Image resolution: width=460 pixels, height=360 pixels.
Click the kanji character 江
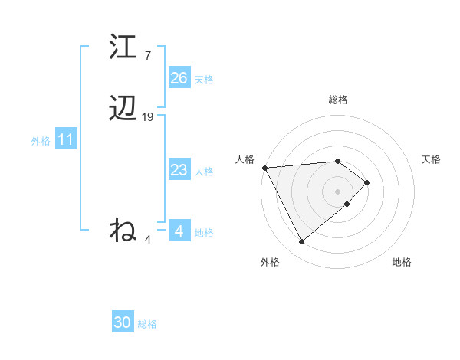(123, 47)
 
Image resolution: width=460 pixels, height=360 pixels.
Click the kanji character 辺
(123, 110)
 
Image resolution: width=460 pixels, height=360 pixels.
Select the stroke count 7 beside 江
(148, 56)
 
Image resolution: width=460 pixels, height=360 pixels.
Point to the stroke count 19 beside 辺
(148, 117)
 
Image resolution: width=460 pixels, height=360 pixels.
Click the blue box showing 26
(179, 78)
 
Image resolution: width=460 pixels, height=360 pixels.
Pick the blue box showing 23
(179, 170)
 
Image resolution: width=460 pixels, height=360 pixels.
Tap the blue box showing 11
(66, 140)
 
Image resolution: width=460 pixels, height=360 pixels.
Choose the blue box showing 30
(123, 323)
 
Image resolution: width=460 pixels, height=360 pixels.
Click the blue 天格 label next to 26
(204, 80)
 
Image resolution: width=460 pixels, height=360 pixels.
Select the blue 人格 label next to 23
(204, 172)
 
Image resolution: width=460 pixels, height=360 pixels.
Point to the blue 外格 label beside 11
(41, 141)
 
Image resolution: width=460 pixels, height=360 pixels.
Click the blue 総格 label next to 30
(147, 325)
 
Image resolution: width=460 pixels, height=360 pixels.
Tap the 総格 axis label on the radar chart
(338, 100)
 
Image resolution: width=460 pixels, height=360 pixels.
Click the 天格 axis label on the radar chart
(431, 159)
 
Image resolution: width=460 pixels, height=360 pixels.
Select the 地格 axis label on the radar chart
(402, 262)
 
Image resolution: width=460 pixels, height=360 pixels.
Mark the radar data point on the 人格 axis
(264, 168)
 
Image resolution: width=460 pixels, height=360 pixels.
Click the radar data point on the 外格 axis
(301, 242)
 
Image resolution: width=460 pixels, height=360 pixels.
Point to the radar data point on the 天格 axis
(367, 182)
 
